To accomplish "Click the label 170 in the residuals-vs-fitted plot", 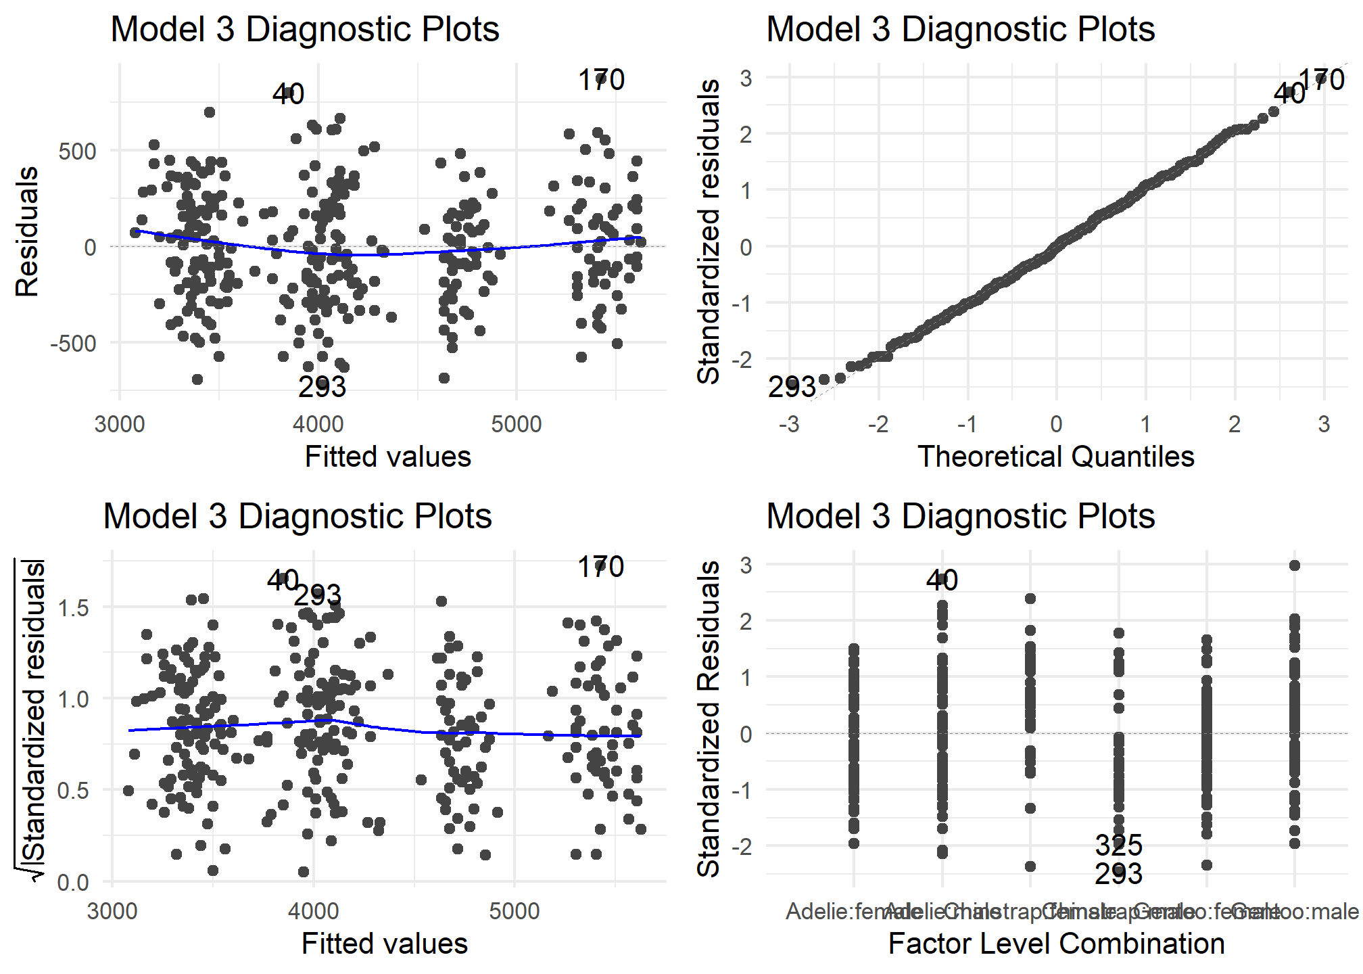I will pos(601,80).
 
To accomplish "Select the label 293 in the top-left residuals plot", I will pos(322,387).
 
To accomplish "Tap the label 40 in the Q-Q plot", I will pos(1289,94).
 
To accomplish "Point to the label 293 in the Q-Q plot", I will pos(792,388).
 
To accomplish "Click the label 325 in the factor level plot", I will pos(1118,845).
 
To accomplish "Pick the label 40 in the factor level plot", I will pos(942,580).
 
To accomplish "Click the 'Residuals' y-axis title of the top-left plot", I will pos(27,232).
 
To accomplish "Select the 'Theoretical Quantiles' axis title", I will pos(1055,457).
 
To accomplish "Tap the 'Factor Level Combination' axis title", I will pos(1056,944).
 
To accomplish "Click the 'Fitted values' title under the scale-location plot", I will pos(384,944).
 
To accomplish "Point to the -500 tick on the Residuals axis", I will pos(73,344).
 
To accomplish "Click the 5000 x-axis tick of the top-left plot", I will pos(517,425).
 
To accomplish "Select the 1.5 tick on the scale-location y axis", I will pos(73,607).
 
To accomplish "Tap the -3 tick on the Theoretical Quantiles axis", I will pos(788,425).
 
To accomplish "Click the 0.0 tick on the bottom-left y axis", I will pos(73,882).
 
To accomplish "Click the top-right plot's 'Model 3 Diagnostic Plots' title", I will pos(960,29).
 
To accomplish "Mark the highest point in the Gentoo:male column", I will pos(1295,565).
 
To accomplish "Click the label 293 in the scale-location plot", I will pos(317,596).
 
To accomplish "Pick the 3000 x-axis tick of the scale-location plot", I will pos(112,912).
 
